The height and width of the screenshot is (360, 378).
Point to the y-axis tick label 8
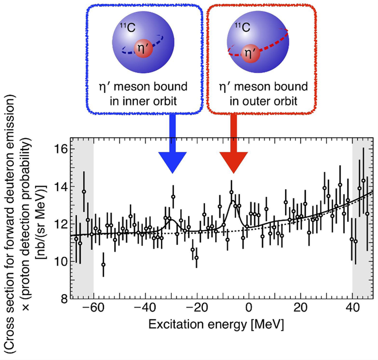pos(63,299)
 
